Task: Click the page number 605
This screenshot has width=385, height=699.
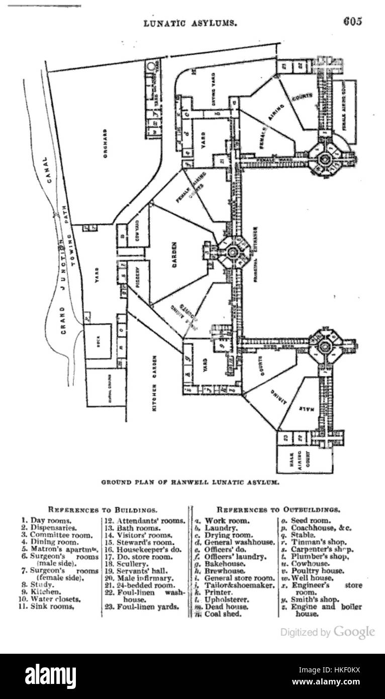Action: click(353, 22)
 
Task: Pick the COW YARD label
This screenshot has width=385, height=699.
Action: click(136, 229)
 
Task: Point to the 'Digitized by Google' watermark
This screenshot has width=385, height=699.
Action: click(327, 632)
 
